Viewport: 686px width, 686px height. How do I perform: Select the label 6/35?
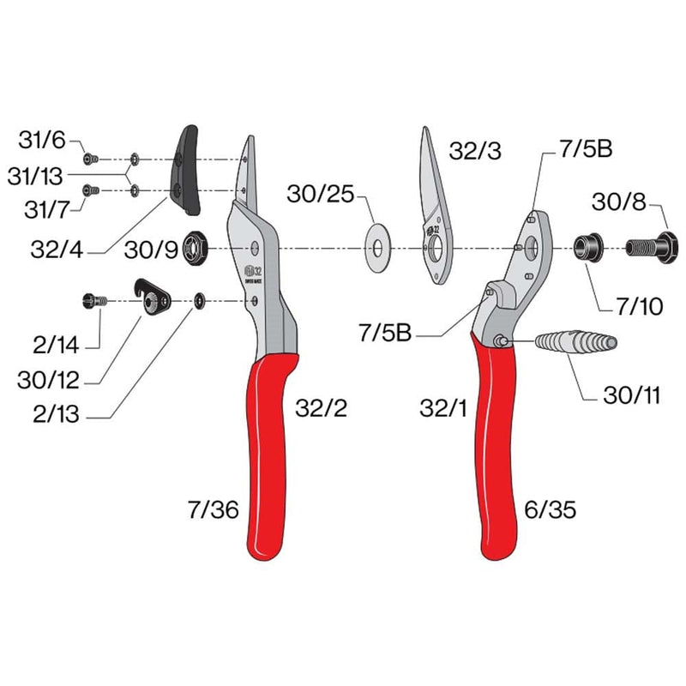pos(549,510)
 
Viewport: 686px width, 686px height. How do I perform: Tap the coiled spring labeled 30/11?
pos(575,342)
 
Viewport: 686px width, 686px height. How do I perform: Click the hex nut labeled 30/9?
pos(191,249)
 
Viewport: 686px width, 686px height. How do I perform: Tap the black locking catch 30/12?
pos(153,298)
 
